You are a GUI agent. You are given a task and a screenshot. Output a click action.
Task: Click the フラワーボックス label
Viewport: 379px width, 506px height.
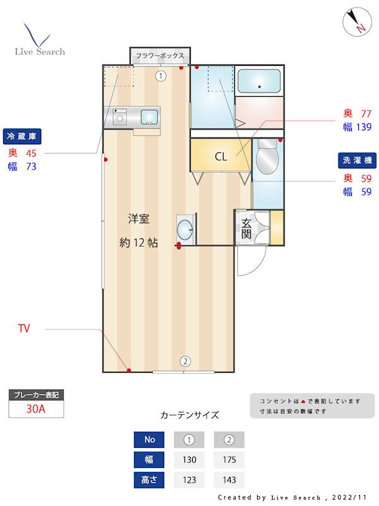point(160,56)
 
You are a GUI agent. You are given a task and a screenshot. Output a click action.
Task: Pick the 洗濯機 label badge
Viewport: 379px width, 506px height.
point(356,161)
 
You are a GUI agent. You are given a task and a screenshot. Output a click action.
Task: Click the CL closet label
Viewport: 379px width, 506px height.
point(220,157)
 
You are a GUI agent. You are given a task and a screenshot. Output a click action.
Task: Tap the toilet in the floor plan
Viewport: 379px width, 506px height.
point(267,157)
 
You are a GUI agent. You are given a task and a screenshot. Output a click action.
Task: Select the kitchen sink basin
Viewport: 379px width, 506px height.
point(149,116)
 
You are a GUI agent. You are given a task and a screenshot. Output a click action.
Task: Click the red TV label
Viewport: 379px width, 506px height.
point(24,328)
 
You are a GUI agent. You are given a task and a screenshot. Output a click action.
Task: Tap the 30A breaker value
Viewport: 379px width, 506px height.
point(36,409)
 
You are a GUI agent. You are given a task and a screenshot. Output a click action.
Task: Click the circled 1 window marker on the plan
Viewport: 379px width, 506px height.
point(161,76)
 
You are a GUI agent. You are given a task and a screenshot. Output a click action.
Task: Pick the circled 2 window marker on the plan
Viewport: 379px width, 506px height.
point(185,362)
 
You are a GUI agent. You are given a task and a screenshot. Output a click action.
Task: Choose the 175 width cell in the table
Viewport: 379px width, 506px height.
point(229,460)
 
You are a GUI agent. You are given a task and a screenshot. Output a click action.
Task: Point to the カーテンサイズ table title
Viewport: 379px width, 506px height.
point(189,415)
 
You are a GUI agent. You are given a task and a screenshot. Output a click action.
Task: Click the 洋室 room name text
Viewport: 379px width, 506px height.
point(138,219)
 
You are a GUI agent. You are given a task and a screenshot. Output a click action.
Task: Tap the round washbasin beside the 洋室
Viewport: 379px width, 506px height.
point(185,228)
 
